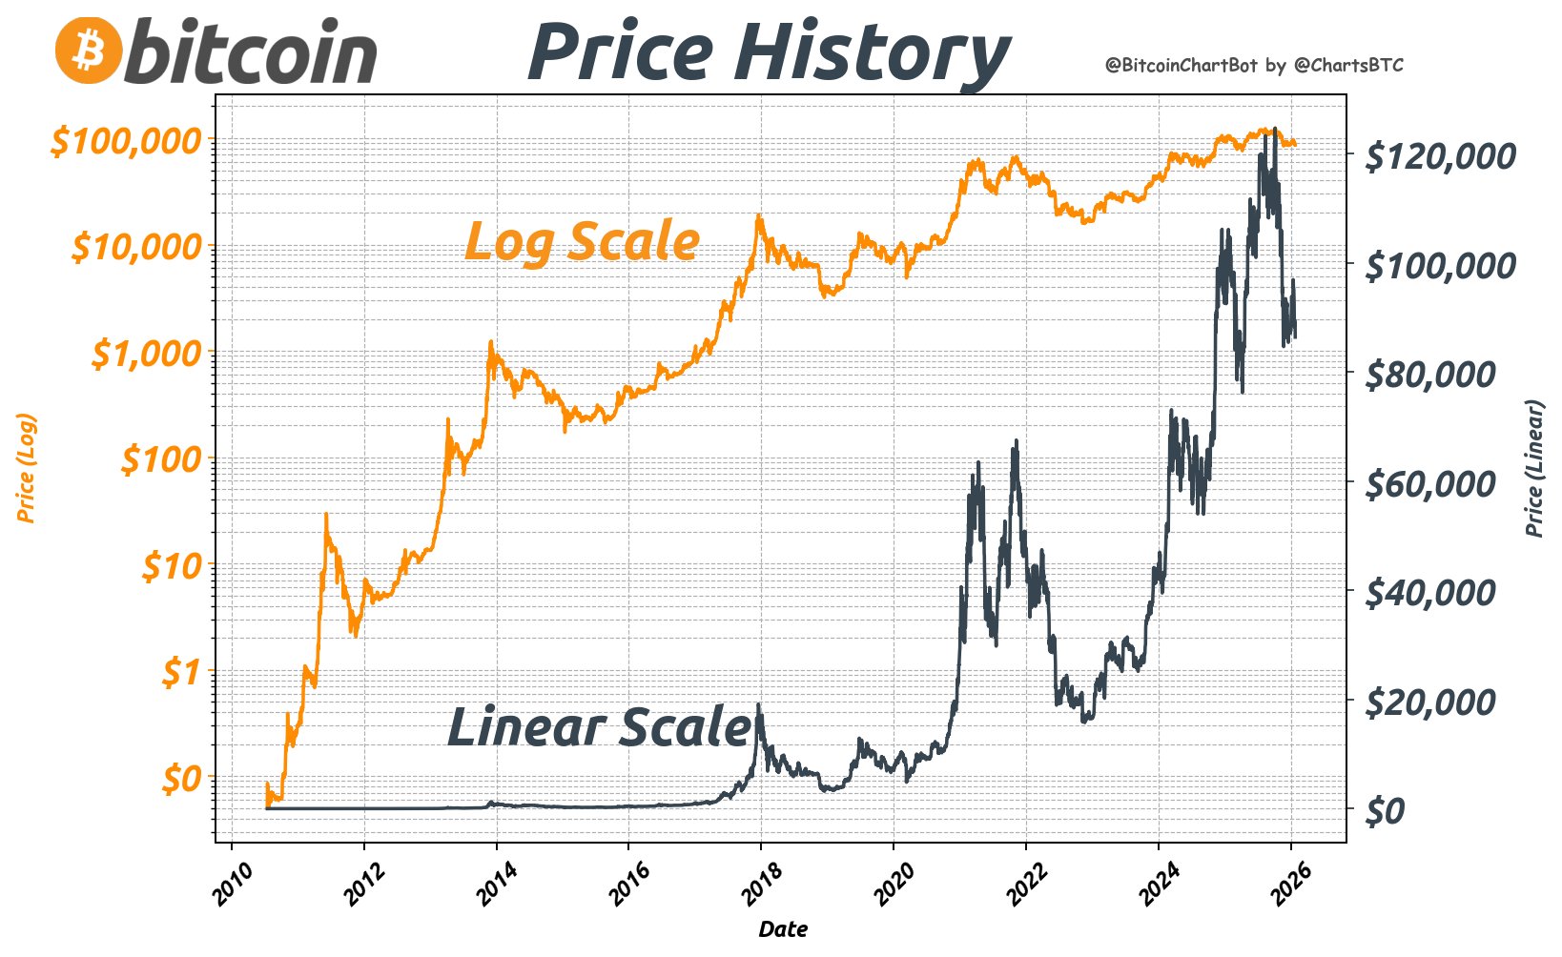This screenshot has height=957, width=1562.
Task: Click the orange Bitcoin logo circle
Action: [x=89, y=50]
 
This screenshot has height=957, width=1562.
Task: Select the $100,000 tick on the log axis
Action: [x=127, y=141]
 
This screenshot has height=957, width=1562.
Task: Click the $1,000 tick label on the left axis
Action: [x=147, y=354]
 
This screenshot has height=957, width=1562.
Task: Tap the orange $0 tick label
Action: [x=181, y=780]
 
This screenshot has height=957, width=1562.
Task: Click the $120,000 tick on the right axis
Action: [x=1440, y=155]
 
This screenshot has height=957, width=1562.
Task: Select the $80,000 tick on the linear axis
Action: [x=1430, y=374]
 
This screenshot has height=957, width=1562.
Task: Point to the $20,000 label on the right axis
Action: [x=1430, y=702]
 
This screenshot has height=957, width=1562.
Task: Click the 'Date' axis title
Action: [x=783, y=929]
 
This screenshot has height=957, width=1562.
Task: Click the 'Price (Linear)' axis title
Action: [x=1534, y=468]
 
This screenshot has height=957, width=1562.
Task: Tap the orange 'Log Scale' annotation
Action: [x=582, y=241]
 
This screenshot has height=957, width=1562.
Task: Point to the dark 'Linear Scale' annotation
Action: [x=599, y=727]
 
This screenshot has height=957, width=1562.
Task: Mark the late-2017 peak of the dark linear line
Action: [x=758, y=705]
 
